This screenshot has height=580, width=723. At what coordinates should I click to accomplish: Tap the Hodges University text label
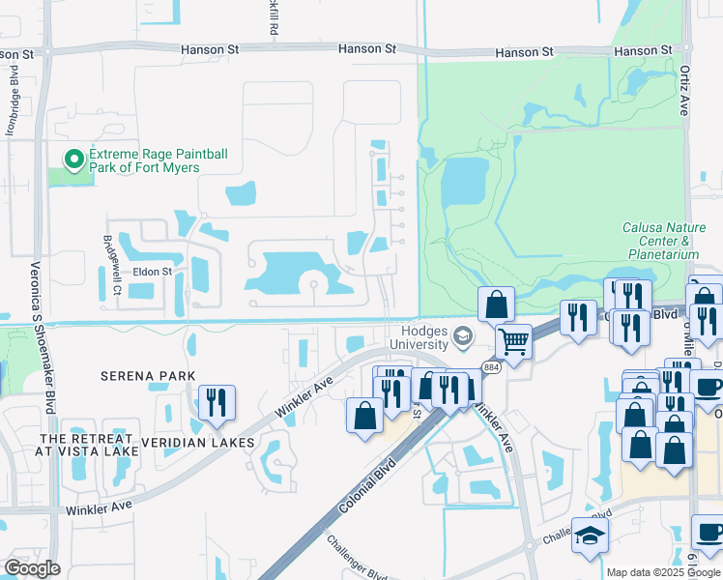(419, 338)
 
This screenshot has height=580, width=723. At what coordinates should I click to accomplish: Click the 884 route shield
(490, 367)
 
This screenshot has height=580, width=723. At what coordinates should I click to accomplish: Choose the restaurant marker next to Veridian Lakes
(216, 401)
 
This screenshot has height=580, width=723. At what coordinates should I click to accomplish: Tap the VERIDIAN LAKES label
(198, 443)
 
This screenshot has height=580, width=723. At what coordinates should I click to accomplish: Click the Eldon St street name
(152, 272)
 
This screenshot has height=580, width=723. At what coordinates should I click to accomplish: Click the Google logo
(32, 568)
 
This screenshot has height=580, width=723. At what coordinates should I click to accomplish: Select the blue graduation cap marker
(590, 536)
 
